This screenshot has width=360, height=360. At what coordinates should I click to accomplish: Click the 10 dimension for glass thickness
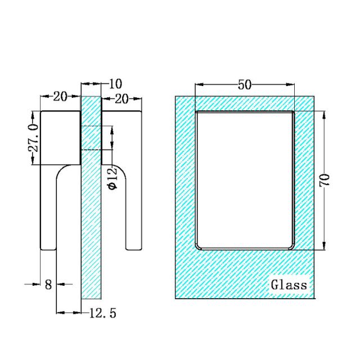click(115, 84)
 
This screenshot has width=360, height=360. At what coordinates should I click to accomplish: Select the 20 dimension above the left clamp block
click(60, 96)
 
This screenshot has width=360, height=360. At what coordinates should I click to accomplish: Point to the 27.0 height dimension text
click(33, 138)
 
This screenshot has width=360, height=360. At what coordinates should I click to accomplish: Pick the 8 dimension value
click(48, 285)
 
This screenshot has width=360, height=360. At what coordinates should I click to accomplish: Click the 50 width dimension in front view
click(244, 85)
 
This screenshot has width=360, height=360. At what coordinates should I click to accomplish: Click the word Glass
click(289, 285)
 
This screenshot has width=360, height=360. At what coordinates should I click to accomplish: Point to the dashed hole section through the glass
click(91, 138)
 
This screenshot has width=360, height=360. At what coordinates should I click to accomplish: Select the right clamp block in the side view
click(121, 138)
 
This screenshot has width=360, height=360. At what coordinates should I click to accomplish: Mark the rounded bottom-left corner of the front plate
click(199, 245)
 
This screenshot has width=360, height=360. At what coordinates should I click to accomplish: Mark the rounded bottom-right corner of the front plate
click(291, 245)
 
